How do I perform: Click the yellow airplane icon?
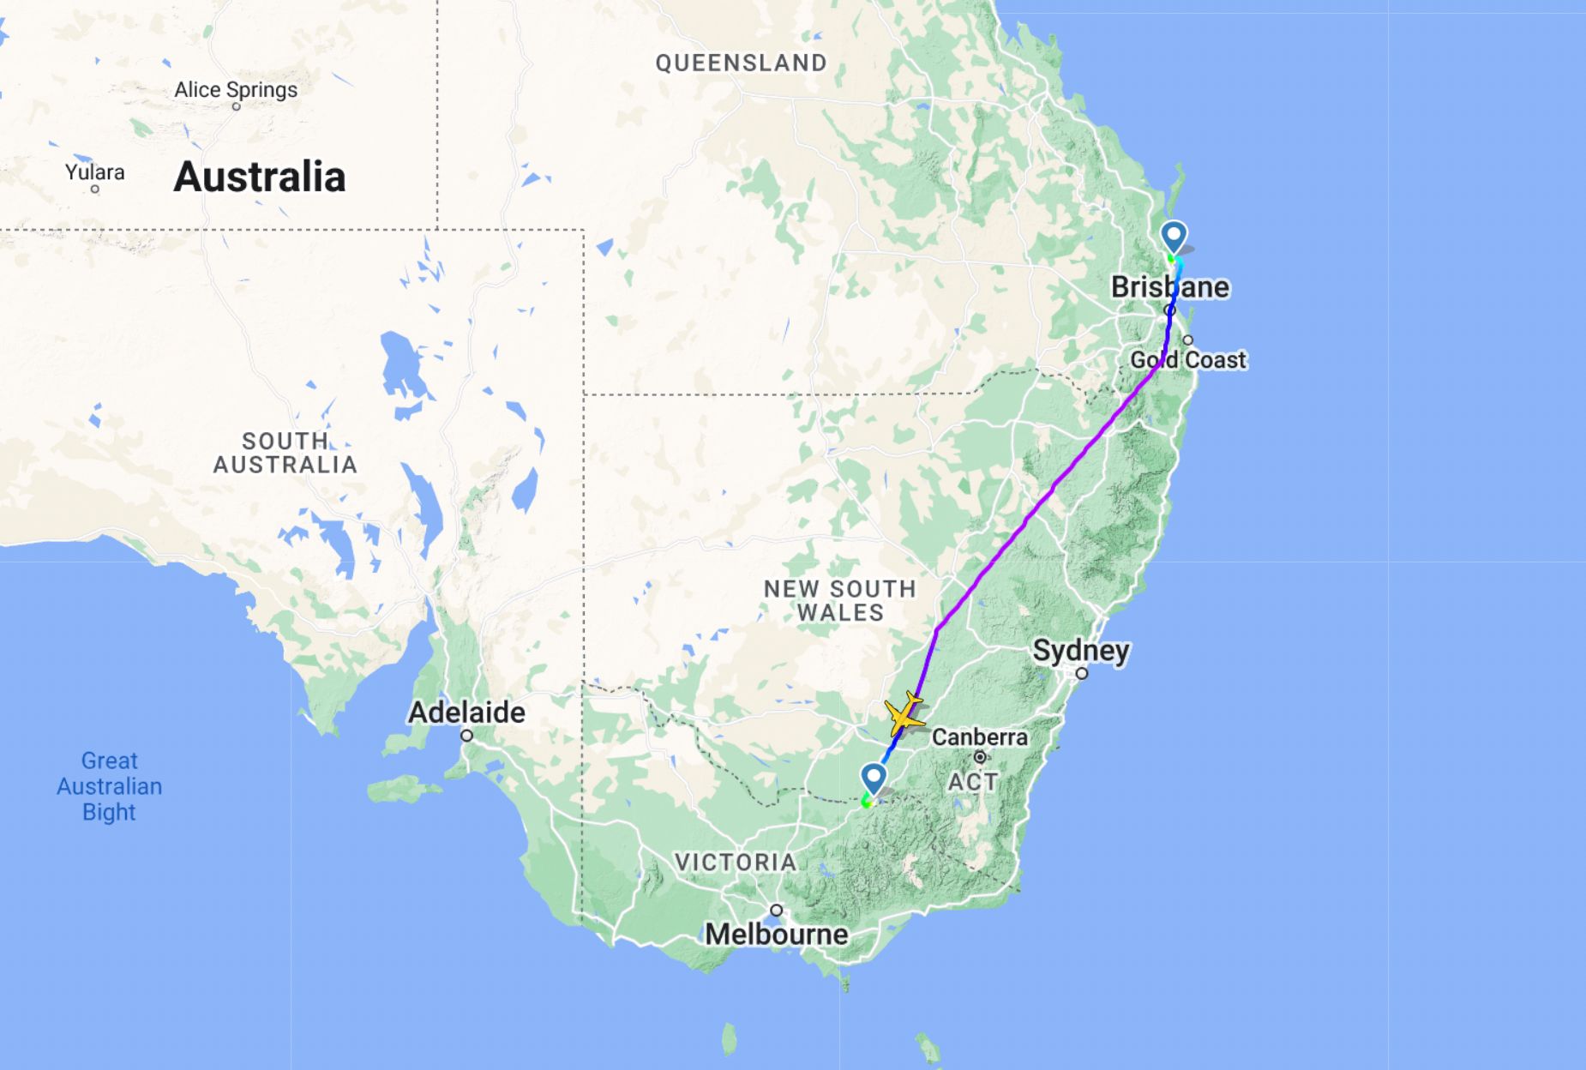[903, 715]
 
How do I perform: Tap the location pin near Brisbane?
[1174, 236]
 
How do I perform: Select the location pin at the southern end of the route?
[874, 778]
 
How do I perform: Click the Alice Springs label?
[236, 90]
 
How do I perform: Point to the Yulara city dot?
[94, 189]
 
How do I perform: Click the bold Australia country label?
[260, 177]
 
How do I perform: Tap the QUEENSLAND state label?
[741, 63]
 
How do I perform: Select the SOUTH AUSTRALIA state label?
[285, 453]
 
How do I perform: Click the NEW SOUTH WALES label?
[839, 600]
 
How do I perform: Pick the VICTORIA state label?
[736, 862]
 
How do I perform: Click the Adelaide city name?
[466, 712]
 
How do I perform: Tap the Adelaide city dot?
[466, 736]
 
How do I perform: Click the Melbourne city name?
[777, 934]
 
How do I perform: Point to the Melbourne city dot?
[776, 911]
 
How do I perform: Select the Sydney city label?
[1080, 651]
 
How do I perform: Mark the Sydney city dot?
[1082, 674]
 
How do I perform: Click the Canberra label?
[979, 737]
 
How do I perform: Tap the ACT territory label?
[972, 782]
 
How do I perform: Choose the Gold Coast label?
[1188, 360]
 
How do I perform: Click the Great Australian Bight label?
[109, 786]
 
